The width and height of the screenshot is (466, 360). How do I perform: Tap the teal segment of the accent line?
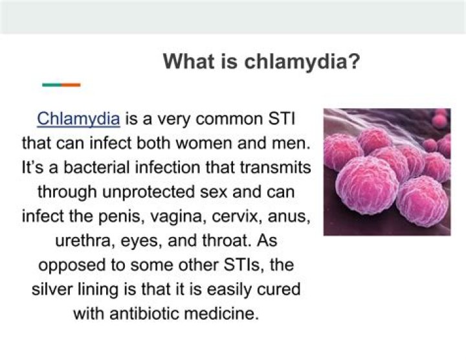[51, 85]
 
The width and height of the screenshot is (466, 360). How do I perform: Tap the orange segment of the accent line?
[71, 85]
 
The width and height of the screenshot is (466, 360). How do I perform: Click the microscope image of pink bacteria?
[386, 171]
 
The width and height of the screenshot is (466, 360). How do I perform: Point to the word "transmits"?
[280, 167]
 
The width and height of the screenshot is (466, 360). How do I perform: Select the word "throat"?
[225, 240]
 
